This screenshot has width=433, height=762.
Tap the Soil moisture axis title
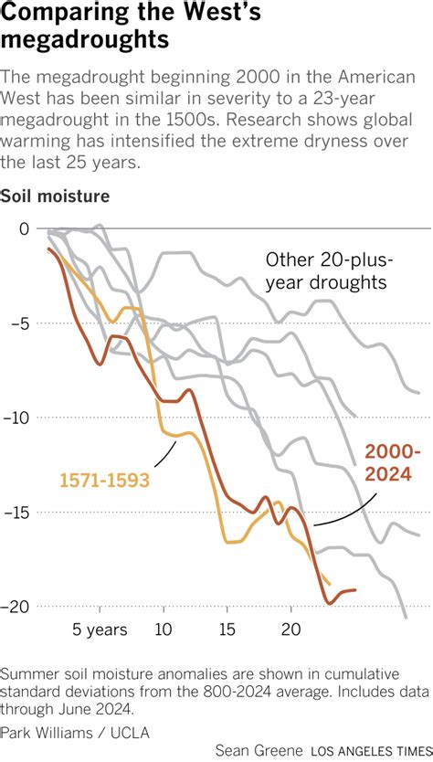tap(56, 196)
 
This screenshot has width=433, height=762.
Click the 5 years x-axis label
tap(100, 630)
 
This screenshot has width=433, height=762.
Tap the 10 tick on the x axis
tap(164, 630)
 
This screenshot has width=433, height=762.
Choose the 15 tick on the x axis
tap(227, 630)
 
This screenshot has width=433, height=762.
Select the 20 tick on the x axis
tap(290, 630)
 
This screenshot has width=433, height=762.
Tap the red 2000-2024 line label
tap(393, 463)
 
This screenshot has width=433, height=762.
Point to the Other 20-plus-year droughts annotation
tap(325, 270)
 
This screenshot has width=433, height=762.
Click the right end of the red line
tap(354, 590)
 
